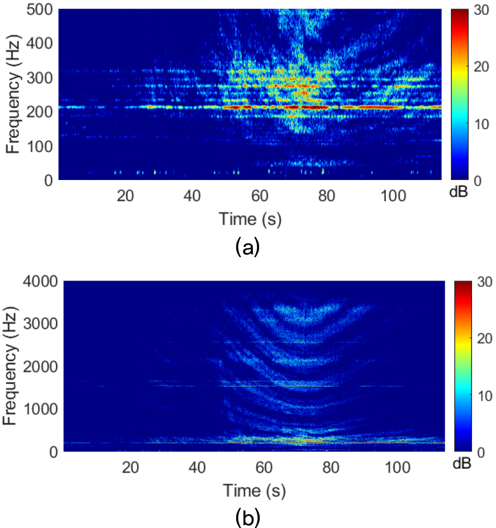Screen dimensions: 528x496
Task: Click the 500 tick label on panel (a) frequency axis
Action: coord(41,10)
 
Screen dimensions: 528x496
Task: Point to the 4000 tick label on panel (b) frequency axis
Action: coord(38,281)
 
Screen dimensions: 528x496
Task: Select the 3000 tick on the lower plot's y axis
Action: coord(38,324)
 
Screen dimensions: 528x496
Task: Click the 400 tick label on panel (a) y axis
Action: coord(41,43)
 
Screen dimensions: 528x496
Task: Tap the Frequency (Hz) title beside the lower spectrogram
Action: coord(10,366)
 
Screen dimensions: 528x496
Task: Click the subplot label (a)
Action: coord(247,247)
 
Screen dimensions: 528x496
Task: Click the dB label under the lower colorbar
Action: coord(463,463)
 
